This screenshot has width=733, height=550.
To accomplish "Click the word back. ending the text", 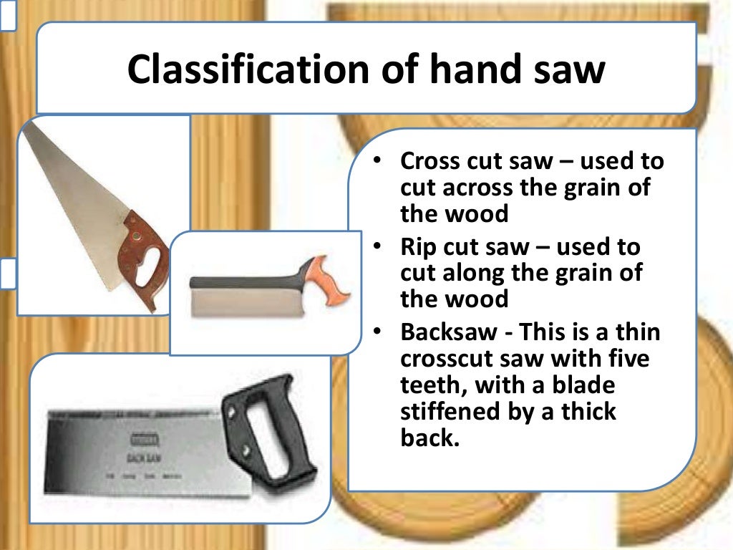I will pyautogui.click(x=429, y=438).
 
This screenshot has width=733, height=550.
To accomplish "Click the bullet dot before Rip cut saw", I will pyautogui.click(x=377, y=247).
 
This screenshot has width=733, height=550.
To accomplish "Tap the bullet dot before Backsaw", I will pyautogui.click(x=377, y=332).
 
